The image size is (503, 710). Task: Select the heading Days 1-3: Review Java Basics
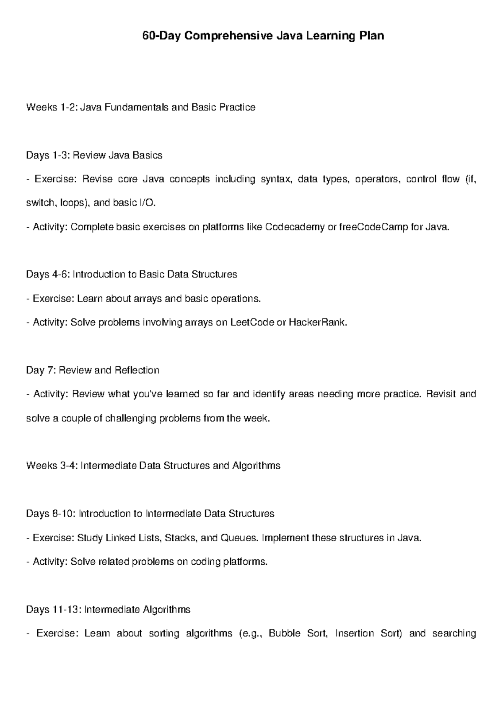point(94,155)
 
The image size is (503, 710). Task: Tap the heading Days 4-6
point(131,274)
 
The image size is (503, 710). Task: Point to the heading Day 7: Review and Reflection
point(93,370)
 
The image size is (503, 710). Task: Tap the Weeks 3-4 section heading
point(153,466)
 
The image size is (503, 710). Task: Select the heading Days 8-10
point(150,513)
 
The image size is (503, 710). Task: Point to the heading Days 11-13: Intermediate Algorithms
point(108,609)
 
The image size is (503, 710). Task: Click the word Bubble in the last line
point(284,633)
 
